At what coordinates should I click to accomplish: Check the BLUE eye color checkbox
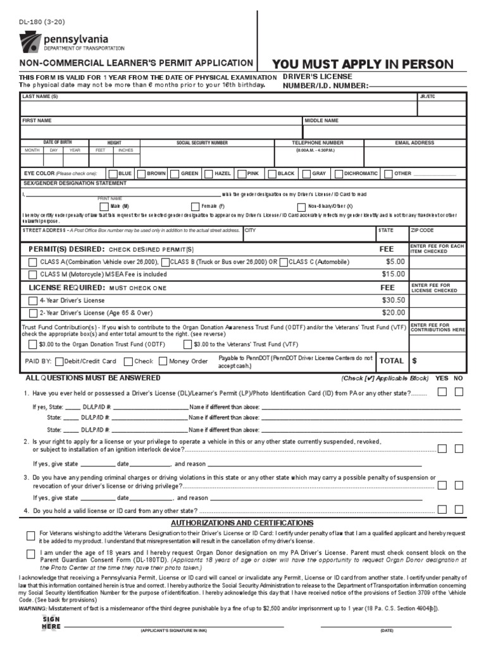[113, 173]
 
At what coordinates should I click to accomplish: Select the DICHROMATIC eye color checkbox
[339, 173]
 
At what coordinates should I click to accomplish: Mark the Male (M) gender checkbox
[104, 207]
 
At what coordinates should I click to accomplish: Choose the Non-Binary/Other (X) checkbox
[302, 207]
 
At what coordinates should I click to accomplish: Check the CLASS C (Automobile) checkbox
[283, 262]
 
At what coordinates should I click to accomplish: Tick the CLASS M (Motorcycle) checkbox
[32, 274]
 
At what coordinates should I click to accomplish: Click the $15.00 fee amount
[392, 274]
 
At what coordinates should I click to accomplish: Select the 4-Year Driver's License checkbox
[32, 300]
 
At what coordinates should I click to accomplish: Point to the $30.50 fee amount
[392, 300]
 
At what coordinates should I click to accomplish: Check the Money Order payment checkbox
[163, 361]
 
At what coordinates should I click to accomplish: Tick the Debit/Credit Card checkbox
[59, 361]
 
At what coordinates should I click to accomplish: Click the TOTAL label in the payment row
[391, 361]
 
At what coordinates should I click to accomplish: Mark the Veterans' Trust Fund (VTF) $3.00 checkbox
[187, 344]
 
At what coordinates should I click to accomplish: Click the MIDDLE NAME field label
[321, 120]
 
